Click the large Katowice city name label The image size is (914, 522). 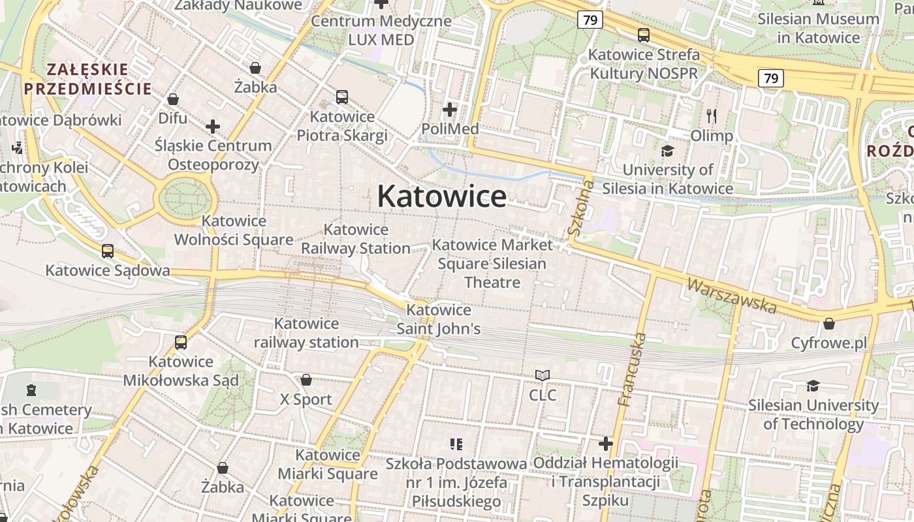[x=441, y=196]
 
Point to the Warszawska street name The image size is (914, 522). [x=731, y=295]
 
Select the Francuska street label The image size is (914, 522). [x=631, y=369]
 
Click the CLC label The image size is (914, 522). [x=543, y=395]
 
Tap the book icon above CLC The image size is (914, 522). [x=543, y=375]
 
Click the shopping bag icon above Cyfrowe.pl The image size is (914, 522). [x=828, y=323]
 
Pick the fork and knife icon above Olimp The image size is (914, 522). [x=712, y=116]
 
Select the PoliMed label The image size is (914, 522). [x=450, y=129]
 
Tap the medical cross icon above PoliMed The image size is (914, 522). [x=450, y=109]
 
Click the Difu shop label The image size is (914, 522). [x=173, y=118]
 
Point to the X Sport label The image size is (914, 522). [x=306, y=399]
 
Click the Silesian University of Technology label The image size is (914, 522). [x=813, y=414]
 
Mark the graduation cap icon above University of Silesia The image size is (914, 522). [x=667, y=151]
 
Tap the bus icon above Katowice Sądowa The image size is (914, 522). [x=108, y=251]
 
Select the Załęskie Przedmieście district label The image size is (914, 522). [x=87, y=78]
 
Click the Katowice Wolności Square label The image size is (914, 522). [x=234, y=230]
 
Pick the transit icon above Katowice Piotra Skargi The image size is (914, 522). [x=342, y=97]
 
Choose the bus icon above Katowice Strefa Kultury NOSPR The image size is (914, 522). [x=644, y=35]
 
